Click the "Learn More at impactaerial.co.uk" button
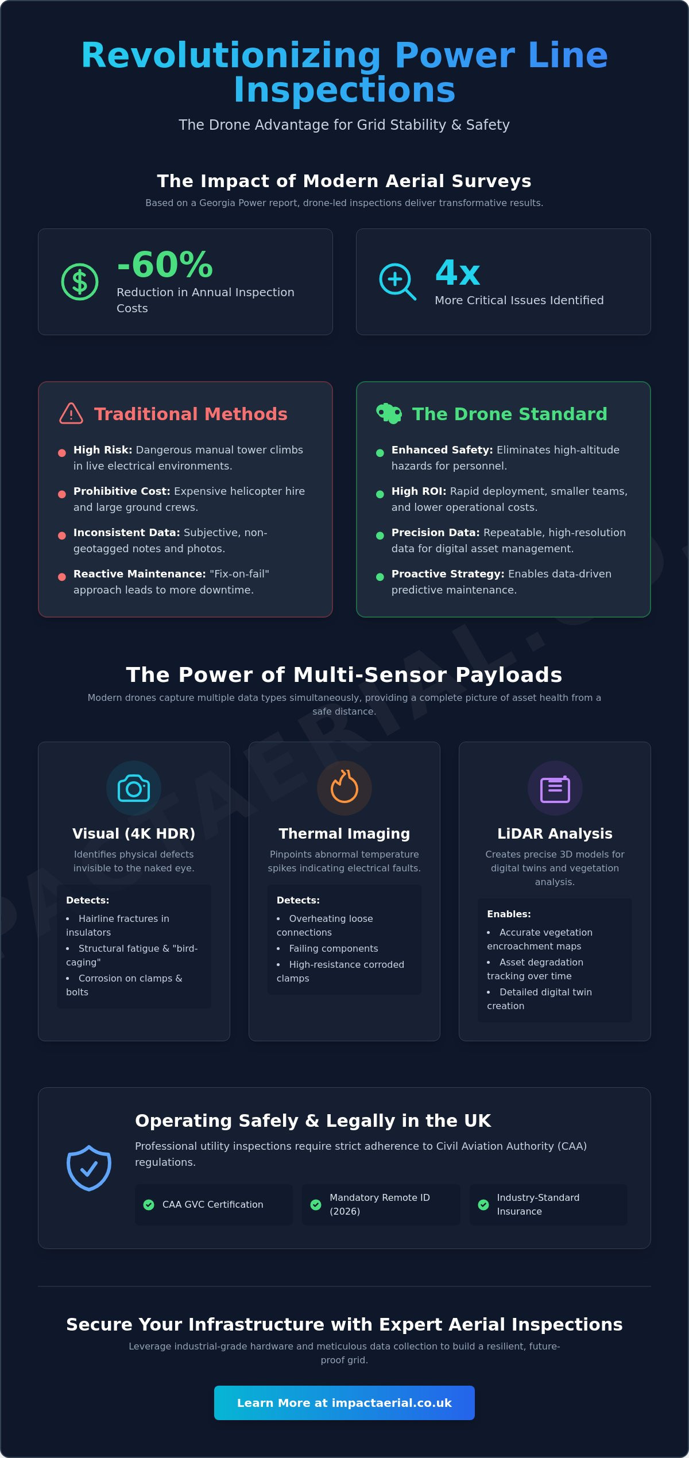click(x=344, y=1403)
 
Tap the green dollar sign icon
click(x=80, y=282)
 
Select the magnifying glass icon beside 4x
click(x=397, y=282)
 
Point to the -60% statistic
click(x=165, y=265)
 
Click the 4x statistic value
click(x=458, y=273)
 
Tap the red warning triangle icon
click(x=71, y=413)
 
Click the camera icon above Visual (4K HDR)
click(x=134, y=788)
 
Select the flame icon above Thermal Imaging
click(x=344, y=786)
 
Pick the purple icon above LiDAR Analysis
click(x=555, y=789)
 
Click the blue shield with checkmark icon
click(x=89, y=1168)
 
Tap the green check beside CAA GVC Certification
click(x=149, y=1204)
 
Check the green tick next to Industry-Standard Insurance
click(x=483, y=1204)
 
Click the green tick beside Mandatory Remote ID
click(x=316, y=1204)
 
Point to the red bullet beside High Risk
click(x=62, y=453)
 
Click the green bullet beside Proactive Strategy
click(x=380, y=577)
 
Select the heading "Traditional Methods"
click(x=191, y=414)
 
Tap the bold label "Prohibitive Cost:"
click(x=122, y=491)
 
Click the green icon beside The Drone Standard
click(x=389, y=413)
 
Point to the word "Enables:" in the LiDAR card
click(x=509, y=914)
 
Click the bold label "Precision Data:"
click(x=435, y=533)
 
